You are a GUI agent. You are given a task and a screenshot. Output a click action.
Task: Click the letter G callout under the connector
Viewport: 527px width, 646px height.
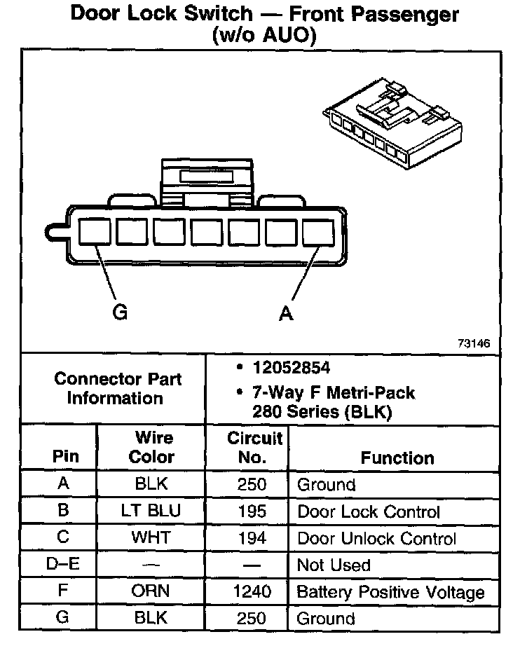(x=120, y=312)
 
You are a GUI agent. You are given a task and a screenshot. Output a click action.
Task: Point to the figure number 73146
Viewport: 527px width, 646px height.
(x=474, y=344)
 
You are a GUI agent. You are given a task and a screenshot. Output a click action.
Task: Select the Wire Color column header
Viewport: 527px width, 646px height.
(x=153, y=448)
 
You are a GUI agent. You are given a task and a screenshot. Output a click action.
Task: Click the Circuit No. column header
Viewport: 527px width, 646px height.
(x=255, y=448)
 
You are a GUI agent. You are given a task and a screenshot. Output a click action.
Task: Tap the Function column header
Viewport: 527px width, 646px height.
(x=397, y=458)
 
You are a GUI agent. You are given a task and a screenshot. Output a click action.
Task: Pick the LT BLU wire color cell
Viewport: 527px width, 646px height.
(x=151, y=511)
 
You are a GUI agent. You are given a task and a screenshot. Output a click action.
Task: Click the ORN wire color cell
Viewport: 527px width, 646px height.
(x=151, y=592)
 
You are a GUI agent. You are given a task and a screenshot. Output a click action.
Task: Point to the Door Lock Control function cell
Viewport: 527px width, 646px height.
(x=369, y=511)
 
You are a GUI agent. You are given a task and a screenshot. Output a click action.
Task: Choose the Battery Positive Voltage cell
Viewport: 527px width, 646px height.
(x=390, y=592)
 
